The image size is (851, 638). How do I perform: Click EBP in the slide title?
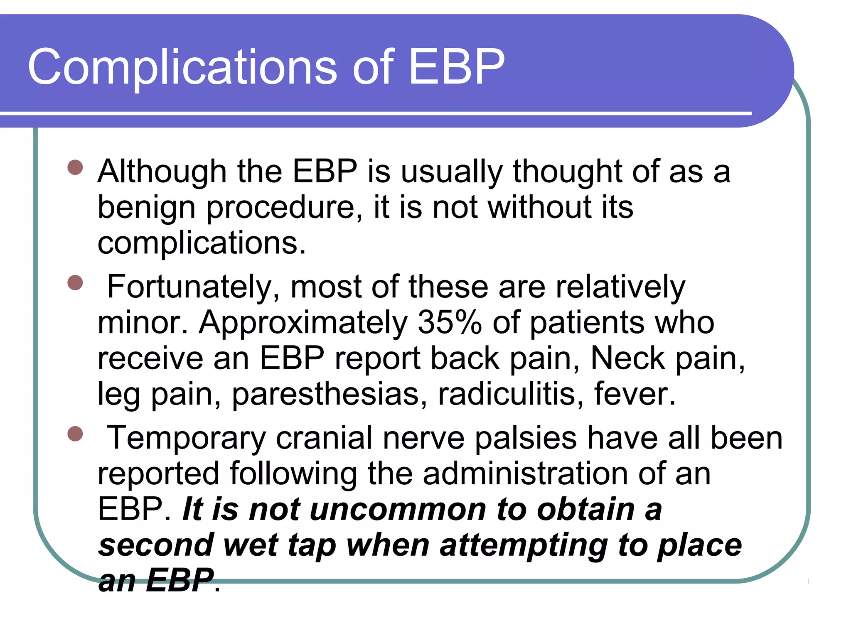tap(456, 66)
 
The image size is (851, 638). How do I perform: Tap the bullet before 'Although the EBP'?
tap(75, 168)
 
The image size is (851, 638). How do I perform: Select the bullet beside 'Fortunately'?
tap(75, 283)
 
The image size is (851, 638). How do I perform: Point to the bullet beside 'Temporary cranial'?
tap(75, 434)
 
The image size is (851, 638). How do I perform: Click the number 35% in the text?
tap(450, 322)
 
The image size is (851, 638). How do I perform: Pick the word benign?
tap(146, 208)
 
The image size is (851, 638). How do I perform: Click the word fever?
tap(634, 394)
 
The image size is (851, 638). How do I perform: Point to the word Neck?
tap(627, 358)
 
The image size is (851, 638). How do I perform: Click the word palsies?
tap(526, 438)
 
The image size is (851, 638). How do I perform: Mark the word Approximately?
tap(303, 323)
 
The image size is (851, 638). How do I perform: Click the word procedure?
tap(284, 208)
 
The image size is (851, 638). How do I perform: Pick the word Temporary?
tap(186, 438)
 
